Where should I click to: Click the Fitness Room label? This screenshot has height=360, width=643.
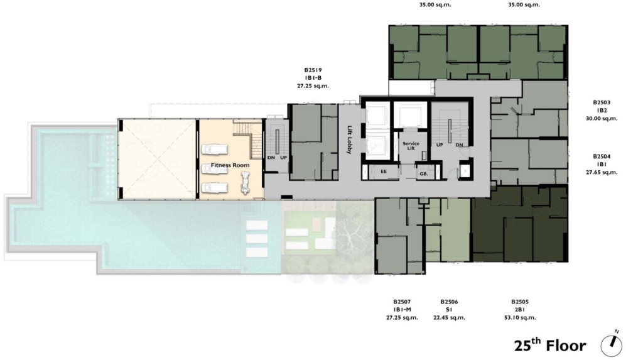(x=230, y=165)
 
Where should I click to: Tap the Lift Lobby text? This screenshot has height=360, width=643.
(x=350, y=139)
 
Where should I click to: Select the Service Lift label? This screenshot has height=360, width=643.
(x=411, y=146)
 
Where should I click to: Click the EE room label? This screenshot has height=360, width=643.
(x=384, y=171)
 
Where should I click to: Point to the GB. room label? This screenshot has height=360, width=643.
(x=424, y=174)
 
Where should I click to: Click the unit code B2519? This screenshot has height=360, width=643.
(x=313, y=70)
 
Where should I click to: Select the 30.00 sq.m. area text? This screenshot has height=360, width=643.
(x=602, y=118)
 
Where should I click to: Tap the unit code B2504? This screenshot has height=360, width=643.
(x=602, y=156)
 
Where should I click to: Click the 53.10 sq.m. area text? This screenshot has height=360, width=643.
(x=520, y=317)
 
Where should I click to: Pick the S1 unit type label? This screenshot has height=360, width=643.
(x=449, y=310)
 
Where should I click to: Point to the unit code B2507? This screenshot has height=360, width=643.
(x=402, y=302)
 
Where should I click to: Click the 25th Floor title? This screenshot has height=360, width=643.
(x=550, y=345)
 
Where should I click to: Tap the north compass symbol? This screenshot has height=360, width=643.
(x=612, y=344)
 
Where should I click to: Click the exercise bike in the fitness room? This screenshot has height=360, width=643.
(x=245, y=183)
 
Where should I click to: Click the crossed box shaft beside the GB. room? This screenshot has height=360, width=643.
(x=464, y=171)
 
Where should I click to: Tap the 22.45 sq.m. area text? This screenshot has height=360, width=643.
(x=449, y=317)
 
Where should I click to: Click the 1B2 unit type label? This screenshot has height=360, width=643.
(x=602, y=111)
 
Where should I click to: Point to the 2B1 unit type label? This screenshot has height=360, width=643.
(x=520, y=310)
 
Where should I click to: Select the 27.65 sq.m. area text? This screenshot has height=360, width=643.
(x=602, y=172)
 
